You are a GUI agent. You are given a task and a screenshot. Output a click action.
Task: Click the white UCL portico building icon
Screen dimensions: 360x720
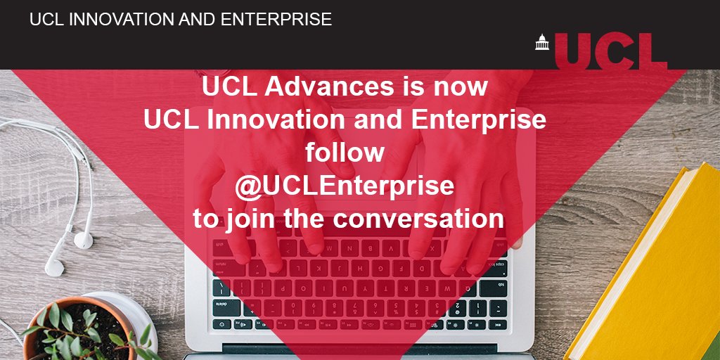(541, 43)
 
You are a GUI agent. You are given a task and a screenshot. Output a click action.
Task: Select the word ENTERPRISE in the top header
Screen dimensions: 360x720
(276, 20)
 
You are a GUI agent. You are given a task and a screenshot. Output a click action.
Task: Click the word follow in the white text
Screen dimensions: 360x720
(345, 153)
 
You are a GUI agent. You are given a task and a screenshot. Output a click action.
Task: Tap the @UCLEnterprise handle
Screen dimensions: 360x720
(345, 186)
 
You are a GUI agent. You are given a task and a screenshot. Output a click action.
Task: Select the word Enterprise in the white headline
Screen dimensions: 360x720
(477, 120)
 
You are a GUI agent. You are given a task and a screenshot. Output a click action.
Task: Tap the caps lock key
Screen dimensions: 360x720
(224, 288)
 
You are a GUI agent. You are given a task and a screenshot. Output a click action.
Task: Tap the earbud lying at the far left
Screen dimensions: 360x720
(54, 266)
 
